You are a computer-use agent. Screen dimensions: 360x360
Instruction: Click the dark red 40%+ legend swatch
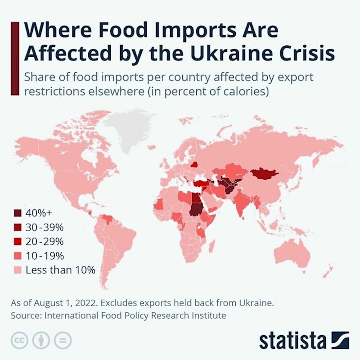click(x=18, y=213)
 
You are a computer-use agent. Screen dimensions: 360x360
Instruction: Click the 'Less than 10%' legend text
click(x=60, y=270)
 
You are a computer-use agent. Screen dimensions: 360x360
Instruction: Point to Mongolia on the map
click(x=265, y=174)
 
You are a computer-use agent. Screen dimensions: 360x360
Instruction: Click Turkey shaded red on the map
click(x=202, y=184)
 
